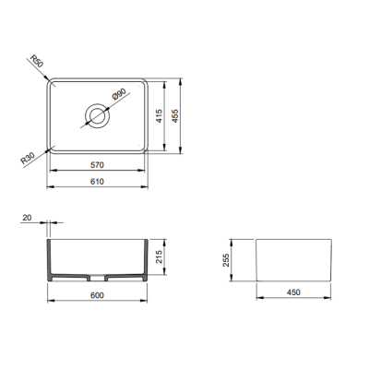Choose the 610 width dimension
(x=97, y=181)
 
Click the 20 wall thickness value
(x=25, y=218)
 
